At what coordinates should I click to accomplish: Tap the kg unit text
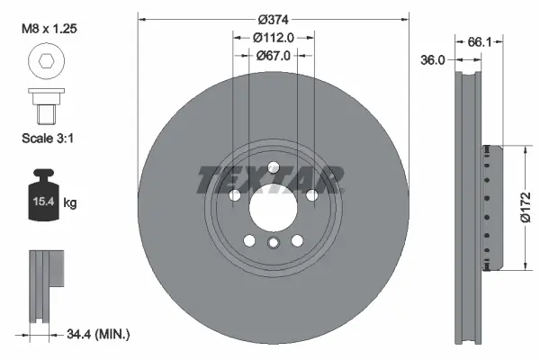click(x=69, y=203)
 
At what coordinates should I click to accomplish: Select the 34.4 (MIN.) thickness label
click(x=99, y=334)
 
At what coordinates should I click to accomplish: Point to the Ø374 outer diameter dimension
click(x=273, y=19)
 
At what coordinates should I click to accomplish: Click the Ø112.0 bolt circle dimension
click(x=273, y=37)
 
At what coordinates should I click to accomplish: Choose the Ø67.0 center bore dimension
click(x=273, y=56)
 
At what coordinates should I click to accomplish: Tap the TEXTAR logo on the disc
click(x=271, y=179)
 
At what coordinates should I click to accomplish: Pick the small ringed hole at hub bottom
click(x=273, y=243)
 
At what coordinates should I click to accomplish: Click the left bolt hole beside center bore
click(x=234, y=195)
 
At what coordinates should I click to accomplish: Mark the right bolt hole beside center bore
click(x=311, y=195)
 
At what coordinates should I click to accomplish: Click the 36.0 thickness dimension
click(x=435, y=60)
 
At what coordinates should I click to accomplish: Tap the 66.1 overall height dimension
click(x=479, y=40)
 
